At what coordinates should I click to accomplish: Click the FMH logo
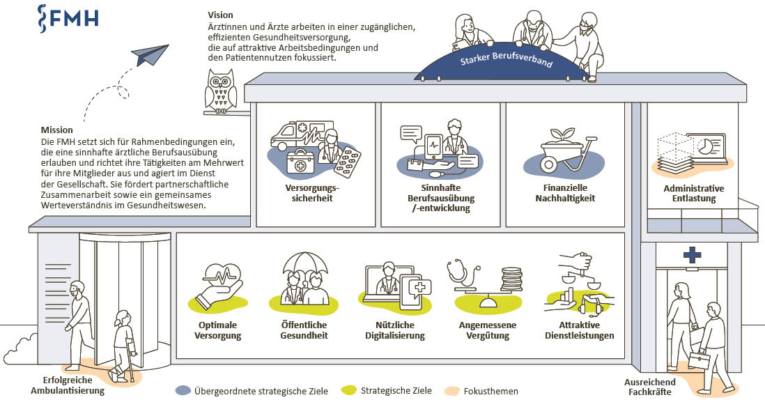(x=68, y=17)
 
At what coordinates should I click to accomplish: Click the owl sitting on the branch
(x=220, y=91)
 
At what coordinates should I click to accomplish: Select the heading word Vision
(x=220, y=15)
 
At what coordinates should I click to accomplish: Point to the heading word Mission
(x=56, y=130)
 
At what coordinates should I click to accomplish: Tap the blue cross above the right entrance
(x=692, y=256)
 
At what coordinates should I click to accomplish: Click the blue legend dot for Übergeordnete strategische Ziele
(x=183, y=390)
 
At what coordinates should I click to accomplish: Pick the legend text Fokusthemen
(x=492, y=391)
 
